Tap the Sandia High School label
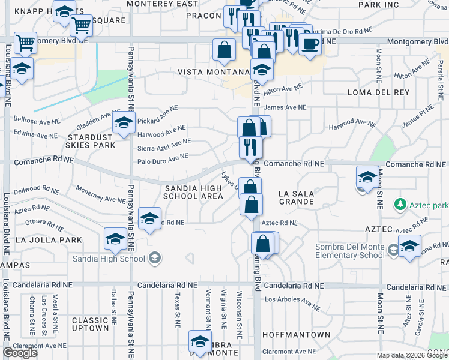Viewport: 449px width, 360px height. (109, 259)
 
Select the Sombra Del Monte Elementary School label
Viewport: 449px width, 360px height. (351, 251)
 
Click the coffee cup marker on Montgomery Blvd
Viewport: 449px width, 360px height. (310, 45)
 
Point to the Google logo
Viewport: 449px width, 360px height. (20, 353)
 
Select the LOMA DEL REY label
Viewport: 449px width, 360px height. (378, 92)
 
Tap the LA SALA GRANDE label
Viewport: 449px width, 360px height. (297, 198)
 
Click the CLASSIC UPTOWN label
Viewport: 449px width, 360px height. (90, 324)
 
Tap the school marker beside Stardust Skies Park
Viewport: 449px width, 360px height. (124, 124)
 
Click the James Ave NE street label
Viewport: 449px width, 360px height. (285, 107)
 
